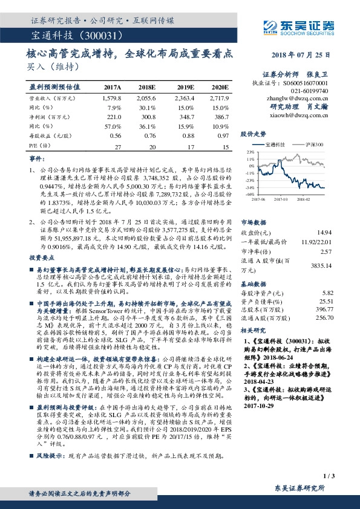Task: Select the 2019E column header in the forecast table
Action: coord(185,87)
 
